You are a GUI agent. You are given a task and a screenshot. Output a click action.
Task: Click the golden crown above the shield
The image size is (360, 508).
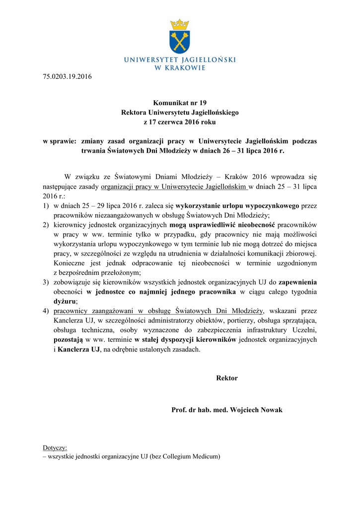click(180, 24)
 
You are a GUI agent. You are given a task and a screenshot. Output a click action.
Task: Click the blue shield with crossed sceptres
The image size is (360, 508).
click(180, 42)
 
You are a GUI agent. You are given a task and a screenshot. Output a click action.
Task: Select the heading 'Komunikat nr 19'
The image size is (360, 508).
click(180, 103)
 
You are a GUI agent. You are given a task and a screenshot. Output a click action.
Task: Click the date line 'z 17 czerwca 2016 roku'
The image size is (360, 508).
click(180, 122)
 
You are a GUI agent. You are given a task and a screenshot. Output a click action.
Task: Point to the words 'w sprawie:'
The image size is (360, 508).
click(59, 141)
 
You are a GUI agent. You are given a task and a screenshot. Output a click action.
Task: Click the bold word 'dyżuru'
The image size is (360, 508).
click(65, 301)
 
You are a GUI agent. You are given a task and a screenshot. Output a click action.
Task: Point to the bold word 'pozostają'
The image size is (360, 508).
click(69, 340)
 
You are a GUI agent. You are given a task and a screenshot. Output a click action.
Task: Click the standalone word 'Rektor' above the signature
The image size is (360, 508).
click(227, 378)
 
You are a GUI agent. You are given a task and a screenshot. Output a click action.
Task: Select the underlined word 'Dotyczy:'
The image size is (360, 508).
click(55, 447)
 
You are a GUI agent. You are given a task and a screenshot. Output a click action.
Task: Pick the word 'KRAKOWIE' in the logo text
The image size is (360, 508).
click(185, 68)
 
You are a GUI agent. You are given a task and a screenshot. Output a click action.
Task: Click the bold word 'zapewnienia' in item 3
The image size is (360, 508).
click(297, 282)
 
